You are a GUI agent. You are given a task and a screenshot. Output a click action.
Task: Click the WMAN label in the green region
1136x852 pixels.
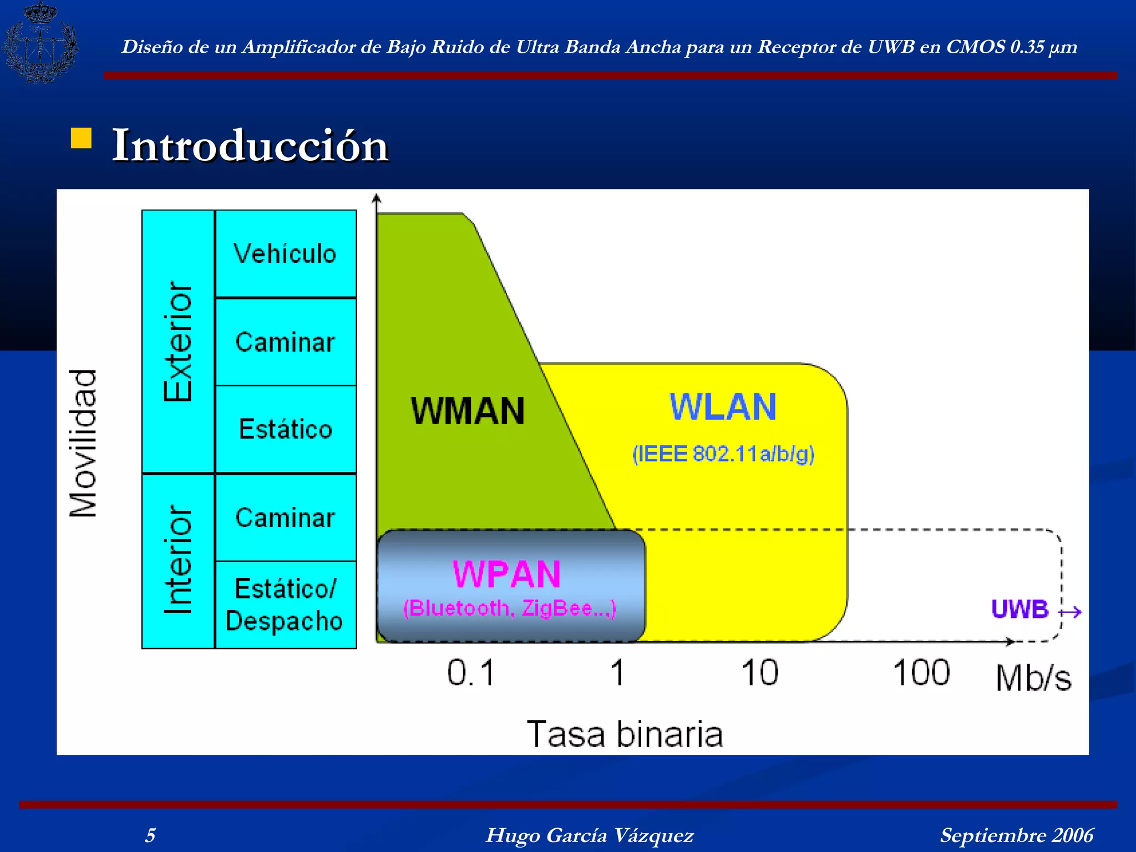click(468, 411)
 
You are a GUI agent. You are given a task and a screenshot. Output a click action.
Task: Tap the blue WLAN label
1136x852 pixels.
click(723, 407)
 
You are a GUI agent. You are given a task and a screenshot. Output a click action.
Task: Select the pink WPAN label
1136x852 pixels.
click(506, 574)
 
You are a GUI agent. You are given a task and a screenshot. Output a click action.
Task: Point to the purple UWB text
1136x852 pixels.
click(1020, 609)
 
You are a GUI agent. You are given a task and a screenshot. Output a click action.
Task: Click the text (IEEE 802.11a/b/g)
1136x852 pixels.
click(723, 454)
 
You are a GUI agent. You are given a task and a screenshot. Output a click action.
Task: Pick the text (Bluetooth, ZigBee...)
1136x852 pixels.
click(509, 608)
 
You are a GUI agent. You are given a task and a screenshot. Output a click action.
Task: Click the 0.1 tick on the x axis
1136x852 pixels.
click(470, 673)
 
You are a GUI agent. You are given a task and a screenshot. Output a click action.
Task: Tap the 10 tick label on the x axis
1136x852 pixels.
click(760, 673)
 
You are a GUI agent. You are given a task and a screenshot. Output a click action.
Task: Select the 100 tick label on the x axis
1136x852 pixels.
click(921, 673)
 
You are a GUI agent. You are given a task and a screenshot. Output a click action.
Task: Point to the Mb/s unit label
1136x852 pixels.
click(1033, 678)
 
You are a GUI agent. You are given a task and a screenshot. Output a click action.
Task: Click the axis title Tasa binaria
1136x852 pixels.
click(625, 734)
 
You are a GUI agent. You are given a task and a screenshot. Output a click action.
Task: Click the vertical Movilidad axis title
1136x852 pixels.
click(83, 443)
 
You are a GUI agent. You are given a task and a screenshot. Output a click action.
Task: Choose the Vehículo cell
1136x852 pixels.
click(285, 254)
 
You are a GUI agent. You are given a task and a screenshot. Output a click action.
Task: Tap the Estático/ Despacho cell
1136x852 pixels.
click(285, 605)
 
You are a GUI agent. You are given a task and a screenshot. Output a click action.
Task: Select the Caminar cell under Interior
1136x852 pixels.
click(285, 518)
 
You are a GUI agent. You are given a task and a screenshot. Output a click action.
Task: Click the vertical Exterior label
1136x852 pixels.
click(178, 341)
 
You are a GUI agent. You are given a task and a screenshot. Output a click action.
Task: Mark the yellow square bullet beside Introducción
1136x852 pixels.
click(81, 139)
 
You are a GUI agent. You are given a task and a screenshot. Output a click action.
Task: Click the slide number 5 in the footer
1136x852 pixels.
click(150, 835)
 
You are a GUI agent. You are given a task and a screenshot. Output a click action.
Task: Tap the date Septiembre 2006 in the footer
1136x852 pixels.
click(1016, 835)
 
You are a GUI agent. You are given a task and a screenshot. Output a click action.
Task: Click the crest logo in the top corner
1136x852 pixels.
click(40, 43)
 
